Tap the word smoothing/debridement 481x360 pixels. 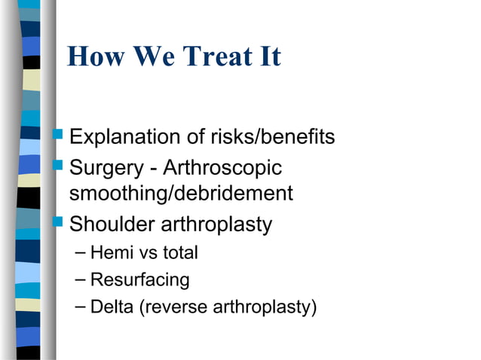click(x=180, y=194)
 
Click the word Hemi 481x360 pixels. click(x=108, y=253)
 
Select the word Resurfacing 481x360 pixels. click(x=139, y=280)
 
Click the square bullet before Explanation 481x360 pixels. click(x=60, y=137)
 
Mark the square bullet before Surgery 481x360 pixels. click(x=60, y=166)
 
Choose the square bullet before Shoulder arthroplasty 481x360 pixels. click(x=60, y=223)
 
